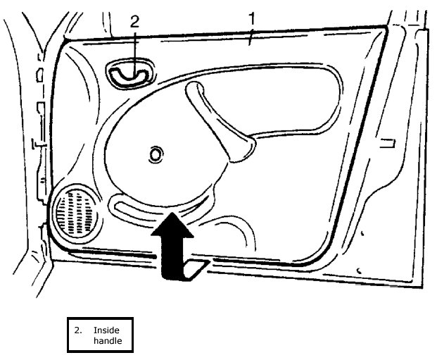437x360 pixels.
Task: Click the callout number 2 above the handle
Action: (x=134, y=21)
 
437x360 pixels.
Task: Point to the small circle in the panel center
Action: (x=155, y=154)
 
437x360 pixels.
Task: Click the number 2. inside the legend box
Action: (x=78, y=328)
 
